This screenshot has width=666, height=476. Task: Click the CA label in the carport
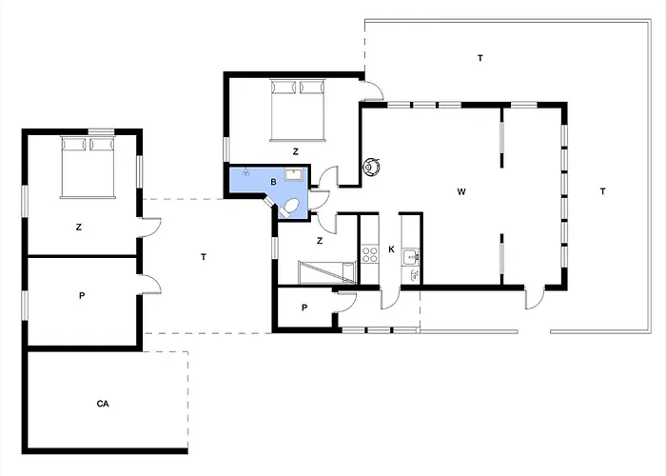pyautogui.click(x=103, y=404)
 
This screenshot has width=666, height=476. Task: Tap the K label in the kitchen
pyautogui.click(x=391, y=249)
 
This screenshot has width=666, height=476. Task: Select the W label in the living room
pyautogui.click(x=461, y=191)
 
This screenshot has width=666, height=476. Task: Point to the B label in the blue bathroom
pyautogui.click(x=274, y=182)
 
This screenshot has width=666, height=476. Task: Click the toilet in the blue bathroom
pyautogui.click(x=288, y=208)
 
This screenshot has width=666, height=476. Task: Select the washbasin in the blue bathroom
pyautogui.click(x=293, y=174)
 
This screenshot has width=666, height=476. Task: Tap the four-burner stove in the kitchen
pyautogui.click(x=369, y=254)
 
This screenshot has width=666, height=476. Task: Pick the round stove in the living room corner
pyautogui.click(x=371, y=167)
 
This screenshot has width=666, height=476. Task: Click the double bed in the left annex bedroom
pyautogui.click(x=88, y=167)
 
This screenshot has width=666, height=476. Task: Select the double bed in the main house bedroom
pyautogui.click(x=298, y=109)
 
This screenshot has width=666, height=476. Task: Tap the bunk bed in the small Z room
pyautogui.click(x=326, y=271)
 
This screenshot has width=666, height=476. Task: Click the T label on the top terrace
pyautogui.click(x=480, y=58)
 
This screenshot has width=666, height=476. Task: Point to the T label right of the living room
pyautogui.click(x=602, y=191)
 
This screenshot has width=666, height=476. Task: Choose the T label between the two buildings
pyautogui.click(x=204, y=257)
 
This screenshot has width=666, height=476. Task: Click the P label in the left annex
pyautogui.click(x=82, y=295)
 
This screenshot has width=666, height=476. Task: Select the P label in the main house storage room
pyautogui.click(x=304, y=307)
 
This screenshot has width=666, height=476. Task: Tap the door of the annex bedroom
pyautogui.click(x=150, y=228)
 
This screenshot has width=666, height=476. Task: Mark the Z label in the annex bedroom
pyautogui.click(x=79, y=228)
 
